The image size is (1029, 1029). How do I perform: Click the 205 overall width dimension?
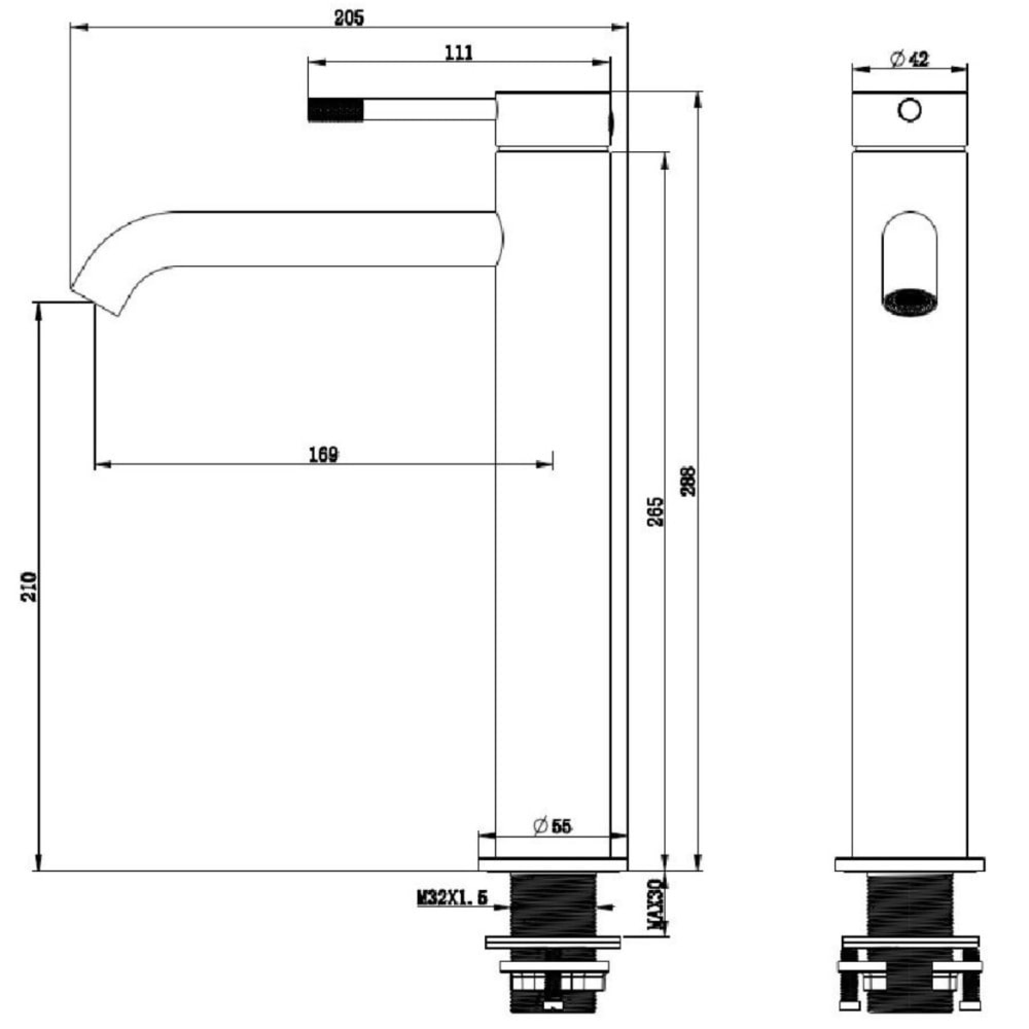pos(349,18)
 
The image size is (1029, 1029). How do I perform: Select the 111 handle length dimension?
pos(458,54)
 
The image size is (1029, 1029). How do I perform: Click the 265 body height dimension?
pos(656,512)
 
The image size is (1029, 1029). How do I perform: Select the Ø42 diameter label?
pos(909,60)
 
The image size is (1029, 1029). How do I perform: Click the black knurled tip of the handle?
pos(335,110)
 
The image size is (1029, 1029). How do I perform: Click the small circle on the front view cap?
pos(909,110)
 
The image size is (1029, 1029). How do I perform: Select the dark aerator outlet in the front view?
pos(909,302)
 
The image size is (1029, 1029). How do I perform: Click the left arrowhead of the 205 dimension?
pos(78,27)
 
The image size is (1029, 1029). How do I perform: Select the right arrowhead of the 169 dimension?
pos(545,465)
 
